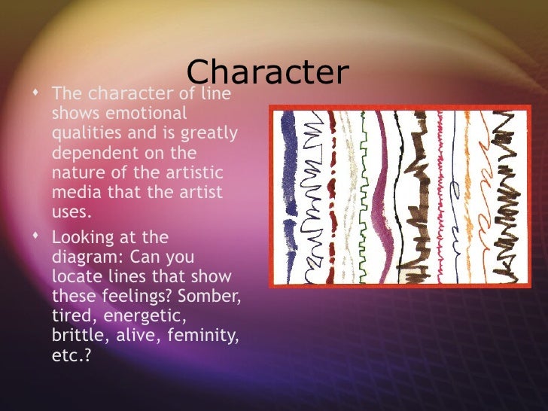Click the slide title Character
(x=267, y=72)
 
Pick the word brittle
(x=75, y=335)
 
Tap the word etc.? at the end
(x=70, y=355)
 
